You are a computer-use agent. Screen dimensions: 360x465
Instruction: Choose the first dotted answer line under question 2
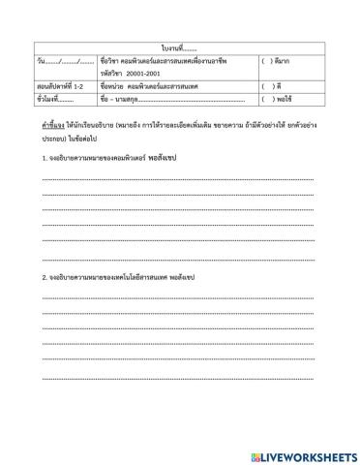pos(179,298)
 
